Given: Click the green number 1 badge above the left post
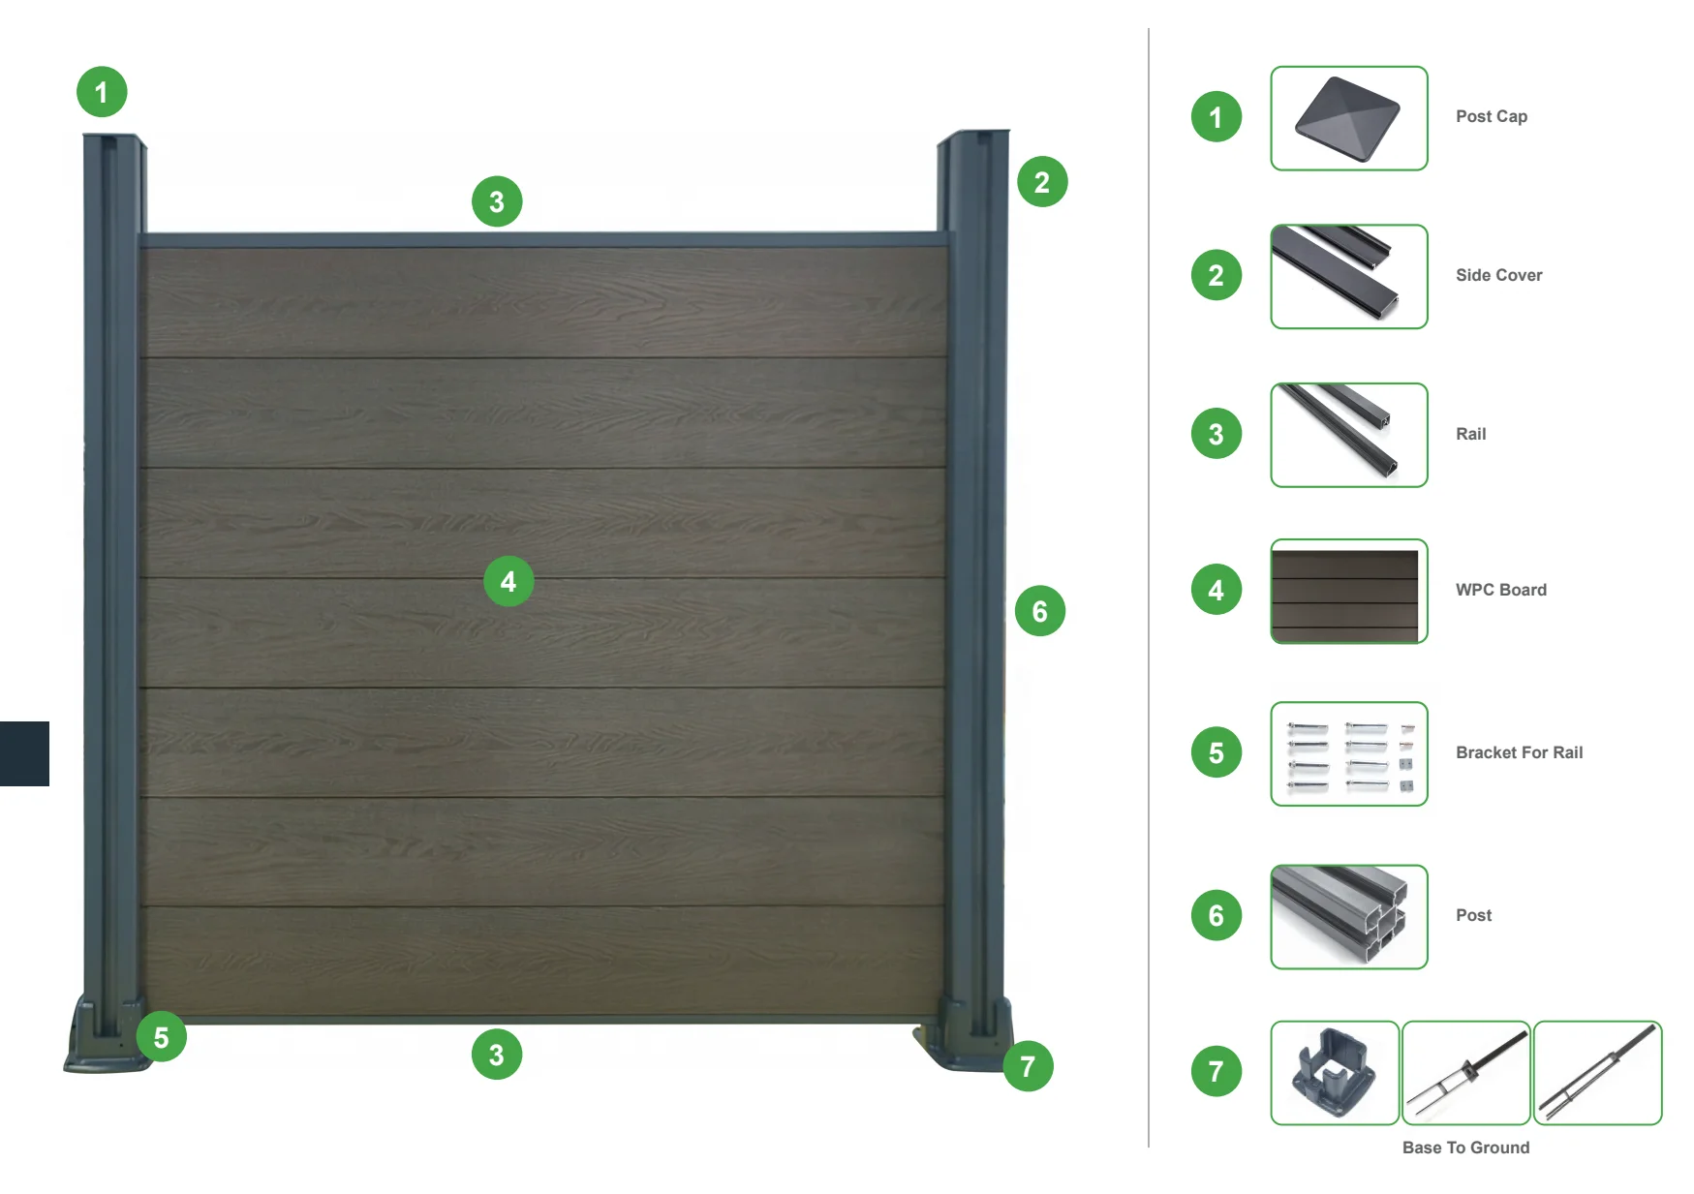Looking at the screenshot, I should pos(102,92).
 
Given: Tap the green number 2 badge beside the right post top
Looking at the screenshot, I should pos(1042,182).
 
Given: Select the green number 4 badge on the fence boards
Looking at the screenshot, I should pos(508,581).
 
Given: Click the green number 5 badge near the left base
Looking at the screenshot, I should pos(161,1037).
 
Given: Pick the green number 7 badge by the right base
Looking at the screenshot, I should pos(1028,1066).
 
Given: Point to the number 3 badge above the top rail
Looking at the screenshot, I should pos(497,201).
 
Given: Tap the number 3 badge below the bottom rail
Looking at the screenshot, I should pos(497,1055).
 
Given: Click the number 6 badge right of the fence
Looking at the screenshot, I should pos(1040,611).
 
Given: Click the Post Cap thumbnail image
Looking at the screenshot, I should pos(1348,118).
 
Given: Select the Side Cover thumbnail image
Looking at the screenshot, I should pos(1348,276).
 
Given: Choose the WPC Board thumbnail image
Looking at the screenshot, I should pos(1348,591).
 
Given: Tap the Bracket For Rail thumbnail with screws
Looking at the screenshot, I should pos(1348,753).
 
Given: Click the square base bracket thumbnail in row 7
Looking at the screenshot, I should pos(1334,1072).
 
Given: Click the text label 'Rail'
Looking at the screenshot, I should pos(1470,434).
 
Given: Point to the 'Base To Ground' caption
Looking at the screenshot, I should pos(1465,1148).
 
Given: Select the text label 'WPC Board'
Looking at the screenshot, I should pos(1500,590).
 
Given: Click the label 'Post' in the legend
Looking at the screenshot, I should pos(1473,915).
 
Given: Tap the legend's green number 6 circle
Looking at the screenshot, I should pos(1217,915).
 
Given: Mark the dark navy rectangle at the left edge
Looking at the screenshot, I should pos(24,753).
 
